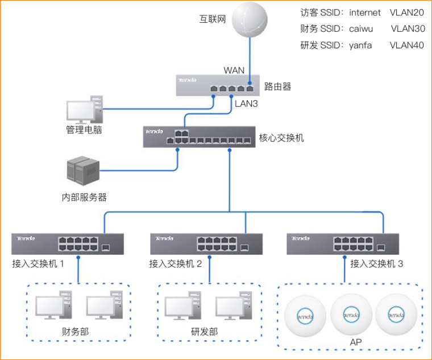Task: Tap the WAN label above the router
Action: click(x=234, y=70)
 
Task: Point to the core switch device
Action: click(x=198, y=137)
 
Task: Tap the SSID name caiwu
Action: click(x=362, y=29)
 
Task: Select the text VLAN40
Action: click(x=407, y=45)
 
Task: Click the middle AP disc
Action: click(x=350, y=313)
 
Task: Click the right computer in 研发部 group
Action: click(x=234, y=307)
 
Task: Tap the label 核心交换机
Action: click(x=281, y=138)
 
